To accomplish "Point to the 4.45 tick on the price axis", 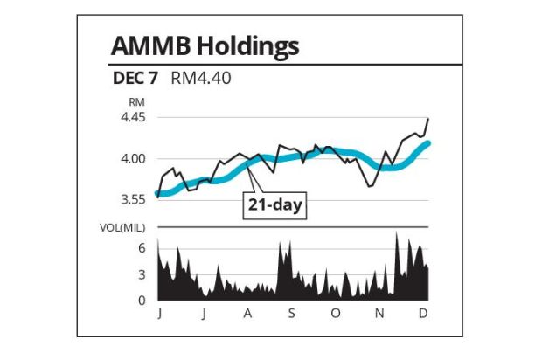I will pos(133,117).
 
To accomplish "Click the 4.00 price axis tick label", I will pos(133,158).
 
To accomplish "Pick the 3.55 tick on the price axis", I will pos(133,199).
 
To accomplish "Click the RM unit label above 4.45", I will pos(136,102).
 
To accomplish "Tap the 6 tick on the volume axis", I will pos(142,248).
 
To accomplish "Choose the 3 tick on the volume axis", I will pos(142,274).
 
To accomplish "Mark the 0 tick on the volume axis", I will pos(142,301).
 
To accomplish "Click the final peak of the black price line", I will pos(427,118).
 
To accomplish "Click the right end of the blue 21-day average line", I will pos(427,142).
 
